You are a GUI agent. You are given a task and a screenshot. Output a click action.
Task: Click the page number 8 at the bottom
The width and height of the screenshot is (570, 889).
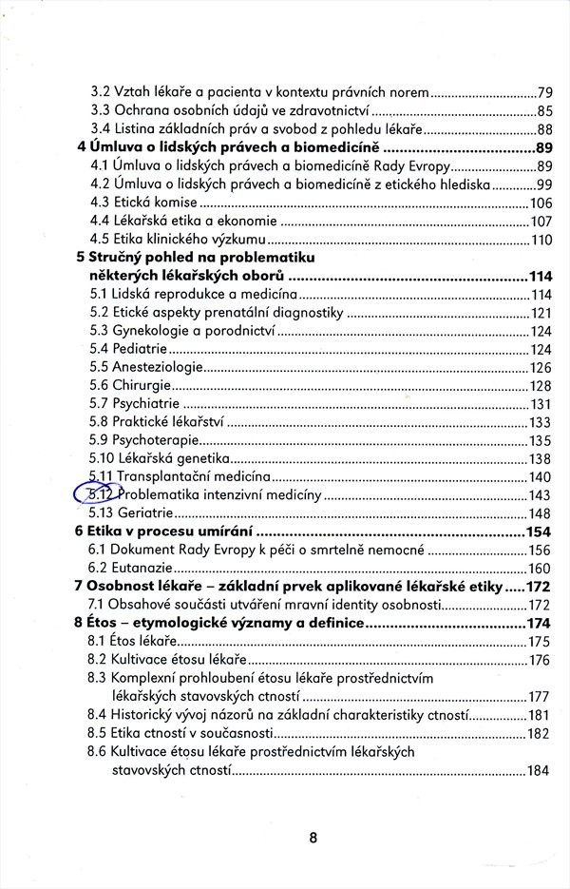[x=313, y=838]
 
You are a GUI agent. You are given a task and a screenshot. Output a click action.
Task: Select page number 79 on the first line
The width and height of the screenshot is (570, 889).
[x=544, y=93]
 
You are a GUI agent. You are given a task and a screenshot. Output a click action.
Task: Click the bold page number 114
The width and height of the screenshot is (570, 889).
[x=540, y=276]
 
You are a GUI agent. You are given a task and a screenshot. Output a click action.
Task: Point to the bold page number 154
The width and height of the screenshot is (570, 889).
[x=540, y=531]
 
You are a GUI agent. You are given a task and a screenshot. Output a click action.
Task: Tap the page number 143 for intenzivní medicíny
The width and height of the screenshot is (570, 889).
[x=540, y=494]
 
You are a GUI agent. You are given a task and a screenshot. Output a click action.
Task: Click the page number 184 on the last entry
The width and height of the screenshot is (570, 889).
[x=539, y=769]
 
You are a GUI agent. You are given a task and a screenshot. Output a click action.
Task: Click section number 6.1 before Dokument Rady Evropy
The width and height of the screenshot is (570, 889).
[x=100, y=550]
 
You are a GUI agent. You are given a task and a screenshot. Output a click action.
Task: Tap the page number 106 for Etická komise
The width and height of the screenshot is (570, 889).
[x=540, y=203]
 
